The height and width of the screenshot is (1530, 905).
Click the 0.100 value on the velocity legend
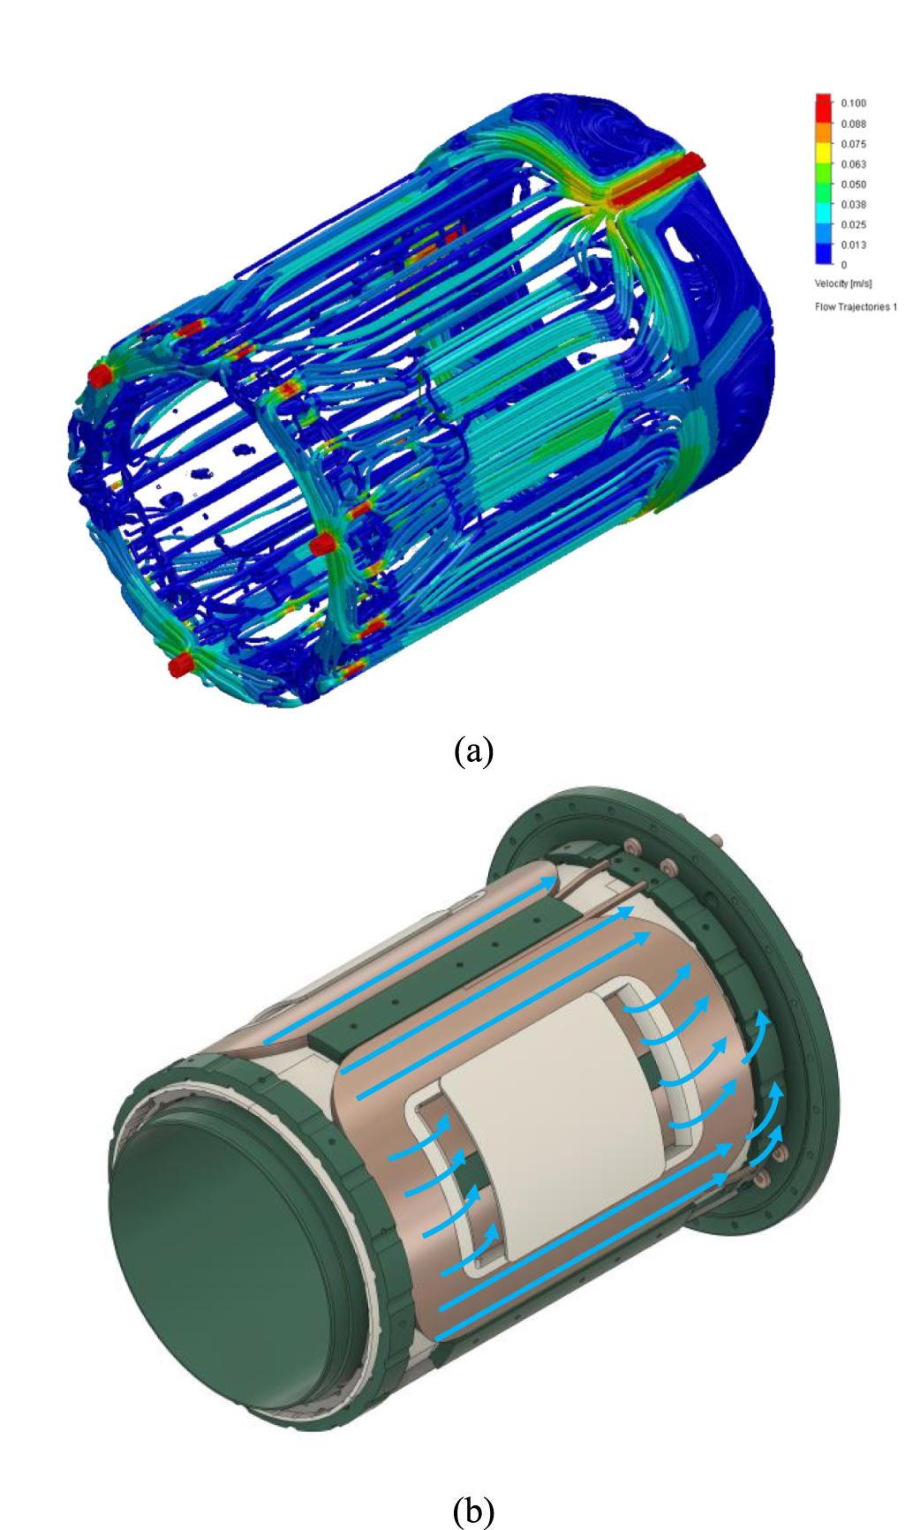point(853,103)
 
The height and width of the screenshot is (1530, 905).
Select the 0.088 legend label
point(853,124)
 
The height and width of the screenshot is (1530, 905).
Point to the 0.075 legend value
point(853,144)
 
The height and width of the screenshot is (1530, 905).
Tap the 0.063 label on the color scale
point(853,164)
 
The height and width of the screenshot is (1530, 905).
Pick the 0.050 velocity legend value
point(853,185)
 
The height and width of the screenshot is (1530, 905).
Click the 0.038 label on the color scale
point(853,204)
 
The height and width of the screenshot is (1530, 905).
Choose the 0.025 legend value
point(853,224)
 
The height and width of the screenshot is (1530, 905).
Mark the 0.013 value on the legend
point(853,245)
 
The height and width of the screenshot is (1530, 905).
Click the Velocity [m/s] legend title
point(842,283)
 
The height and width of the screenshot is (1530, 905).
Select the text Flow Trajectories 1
point(855,306)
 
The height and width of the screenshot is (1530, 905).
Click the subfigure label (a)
point(473,750)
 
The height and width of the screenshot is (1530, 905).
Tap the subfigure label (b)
point(473,1510)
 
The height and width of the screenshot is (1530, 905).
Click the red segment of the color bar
point(823,106)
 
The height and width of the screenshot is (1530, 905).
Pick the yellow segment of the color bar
point(823,155)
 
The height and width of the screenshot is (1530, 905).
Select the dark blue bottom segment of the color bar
point(823,254)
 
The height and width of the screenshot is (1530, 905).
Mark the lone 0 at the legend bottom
point(843,265)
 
